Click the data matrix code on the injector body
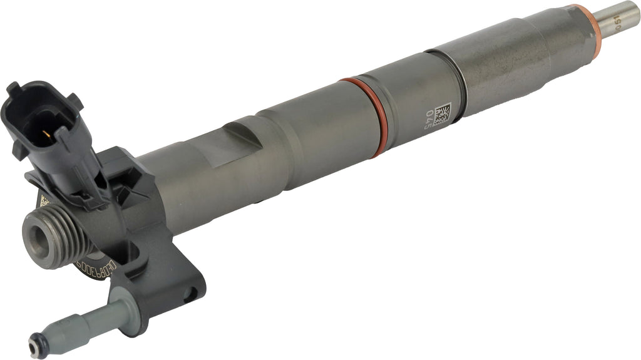(x=442, y=114)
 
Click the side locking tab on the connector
(x=75, y=100)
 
